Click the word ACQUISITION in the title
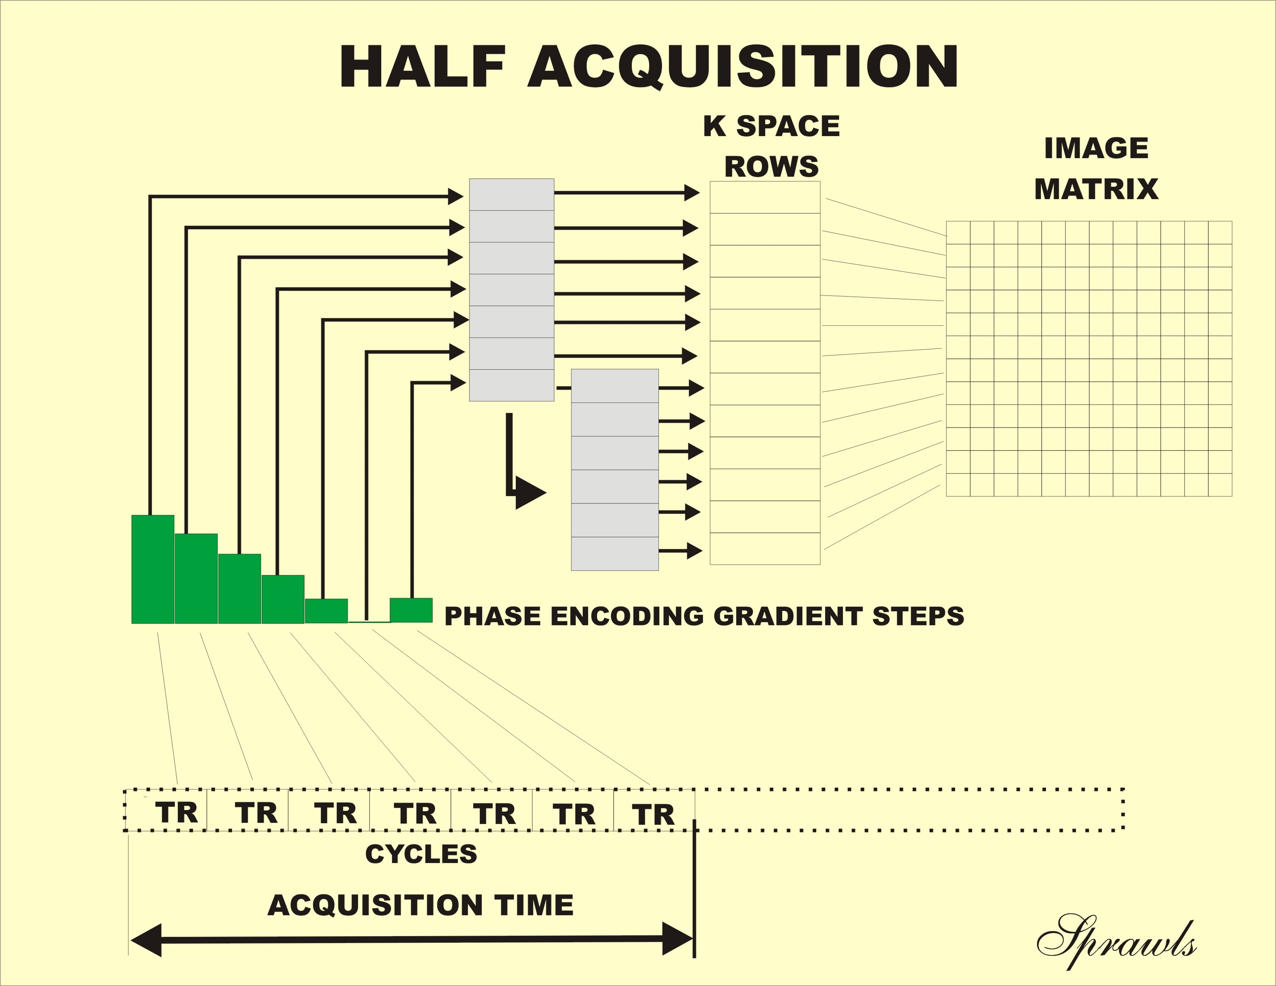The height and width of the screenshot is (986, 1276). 743,67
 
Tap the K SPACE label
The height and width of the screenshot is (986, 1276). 771,126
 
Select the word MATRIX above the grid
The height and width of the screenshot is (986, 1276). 1096,189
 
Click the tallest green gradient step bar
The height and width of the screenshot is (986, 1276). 153,569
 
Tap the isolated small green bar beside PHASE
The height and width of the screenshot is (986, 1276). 411,610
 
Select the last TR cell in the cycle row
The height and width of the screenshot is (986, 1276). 654,812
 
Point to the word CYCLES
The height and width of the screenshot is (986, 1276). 421,854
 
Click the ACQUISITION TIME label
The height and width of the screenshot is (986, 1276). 421,905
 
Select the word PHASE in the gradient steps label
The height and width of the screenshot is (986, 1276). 492,616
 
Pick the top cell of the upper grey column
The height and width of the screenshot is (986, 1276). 511,194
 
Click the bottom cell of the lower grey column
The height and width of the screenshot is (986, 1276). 615,553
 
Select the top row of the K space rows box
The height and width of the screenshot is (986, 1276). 765,197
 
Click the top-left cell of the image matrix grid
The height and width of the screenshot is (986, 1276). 958,233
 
